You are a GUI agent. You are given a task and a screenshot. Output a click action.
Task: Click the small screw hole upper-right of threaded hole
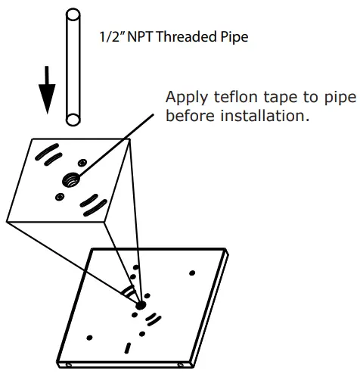tap(80, 162)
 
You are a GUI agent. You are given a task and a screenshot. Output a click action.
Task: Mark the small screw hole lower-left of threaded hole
tap(60, 198)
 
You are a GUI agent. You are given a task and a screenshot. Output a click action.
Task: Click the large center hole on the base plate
tap(140, 306)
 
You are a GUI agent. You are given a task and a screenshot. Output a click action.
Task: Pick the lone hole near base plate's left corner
tap(89, 337)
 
